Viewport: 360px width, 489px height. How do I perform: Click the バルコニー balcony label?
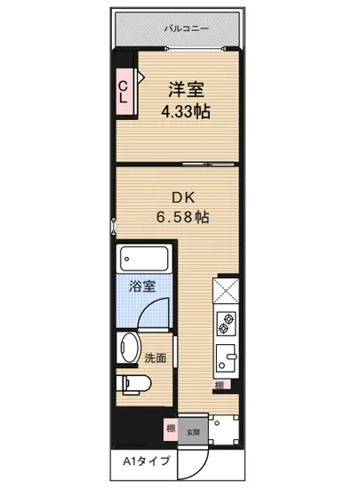click(187, 28)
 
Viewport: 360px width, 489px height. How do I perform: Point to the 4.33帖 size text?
click(187, 112)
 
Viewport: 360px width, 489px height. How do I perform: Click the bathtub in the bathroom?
click(144, 259)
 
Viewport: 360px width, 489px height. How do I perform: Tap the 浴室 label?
click(142, 287)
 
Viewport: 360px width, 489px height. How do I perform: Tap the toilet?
click(135, 383)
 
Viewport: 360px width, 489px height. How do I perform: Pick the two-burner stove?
click(225, 324)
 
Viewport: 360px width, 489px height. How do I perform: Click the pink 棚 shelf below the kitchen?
click(219, 385)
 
